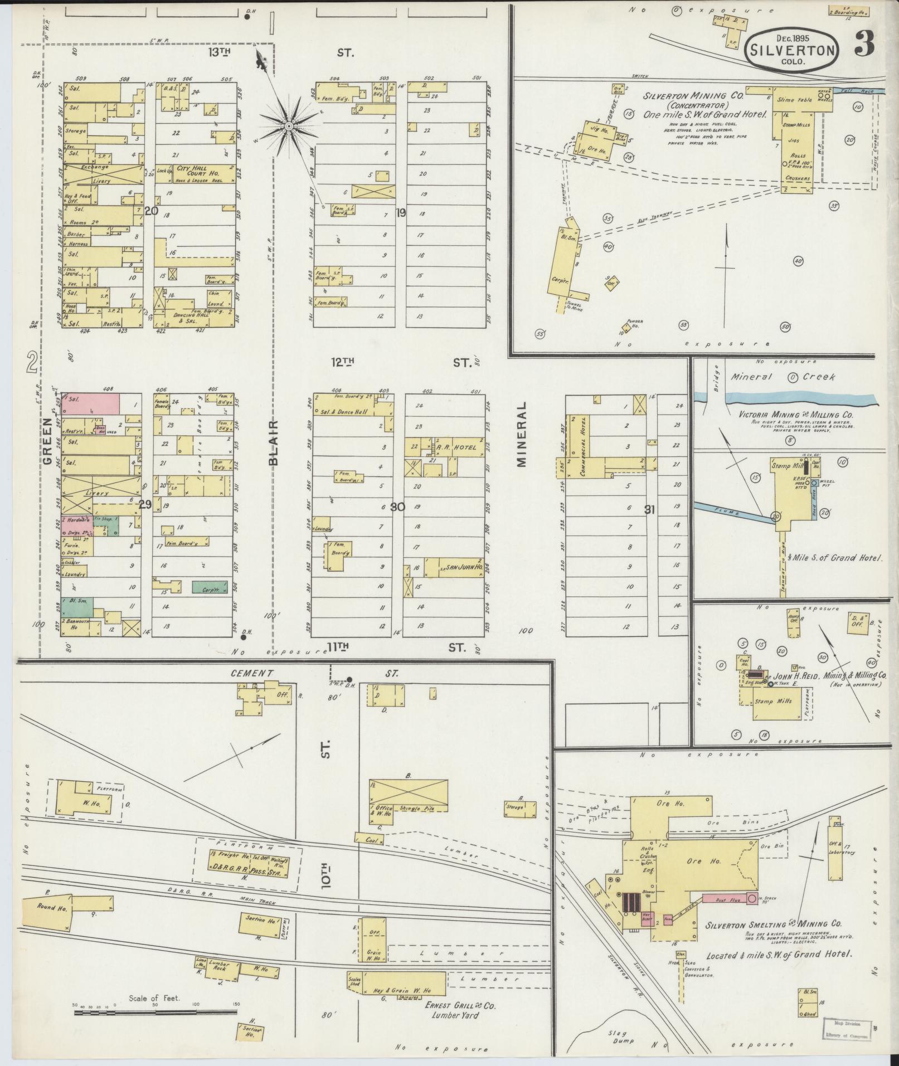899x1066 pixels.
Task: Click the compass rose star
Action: click(x=289, y=127)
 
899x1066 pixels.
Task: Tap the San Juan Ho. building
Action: click(x=454, y=567)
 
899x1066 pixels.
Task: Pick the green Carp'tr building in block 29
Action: click(x=210, y=586)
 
